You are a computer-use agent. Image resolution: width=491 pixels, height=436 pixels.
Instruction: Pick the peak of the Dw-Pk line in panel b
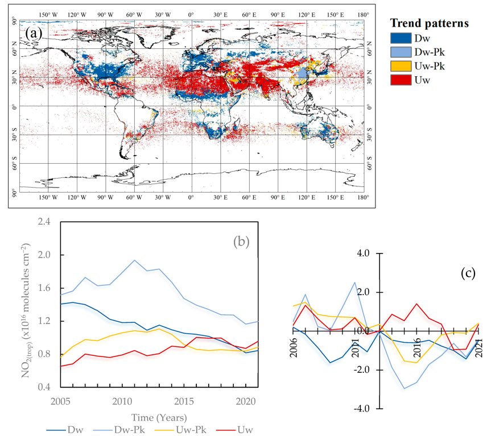134,260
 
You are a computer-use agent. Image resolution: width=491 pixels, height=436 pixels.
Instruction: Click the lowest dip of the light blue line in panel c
404,389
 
